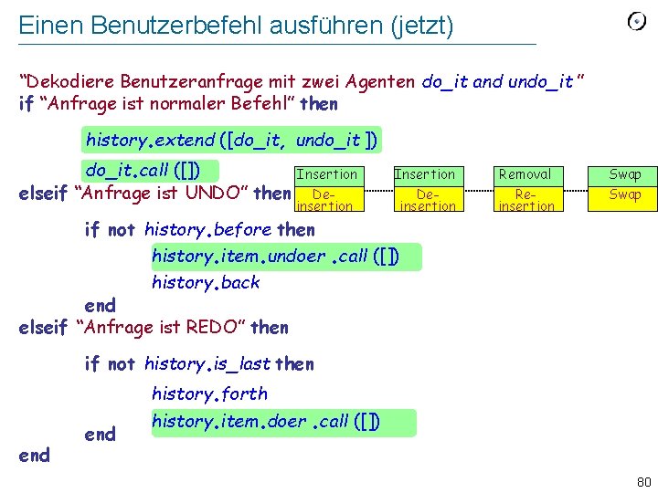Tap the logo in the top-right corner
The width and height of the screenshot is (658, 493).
coord(636,22)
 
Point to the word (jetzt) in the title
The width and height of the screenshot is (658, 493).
coord(421,26)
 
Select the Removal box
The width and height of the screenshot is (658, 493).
coord(526,174)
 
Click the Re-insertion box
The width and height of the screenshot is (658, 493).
coord(526,200)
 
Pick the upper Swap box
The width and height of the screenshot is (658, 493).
coord(625,174)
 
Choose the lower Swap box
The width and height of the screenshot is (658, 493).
coord(625,194)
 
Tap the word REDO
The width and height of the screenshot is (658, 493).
coord(215,327)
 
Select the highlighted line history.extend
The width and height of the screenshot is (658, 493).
coord(231,141)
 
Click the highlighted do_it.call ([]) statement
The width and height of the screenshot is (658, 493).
coord(151,171)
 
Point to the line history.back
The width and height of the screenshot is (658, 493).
coord(206,282)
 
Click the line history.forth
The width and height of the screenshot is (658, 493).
coord(209,393)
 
